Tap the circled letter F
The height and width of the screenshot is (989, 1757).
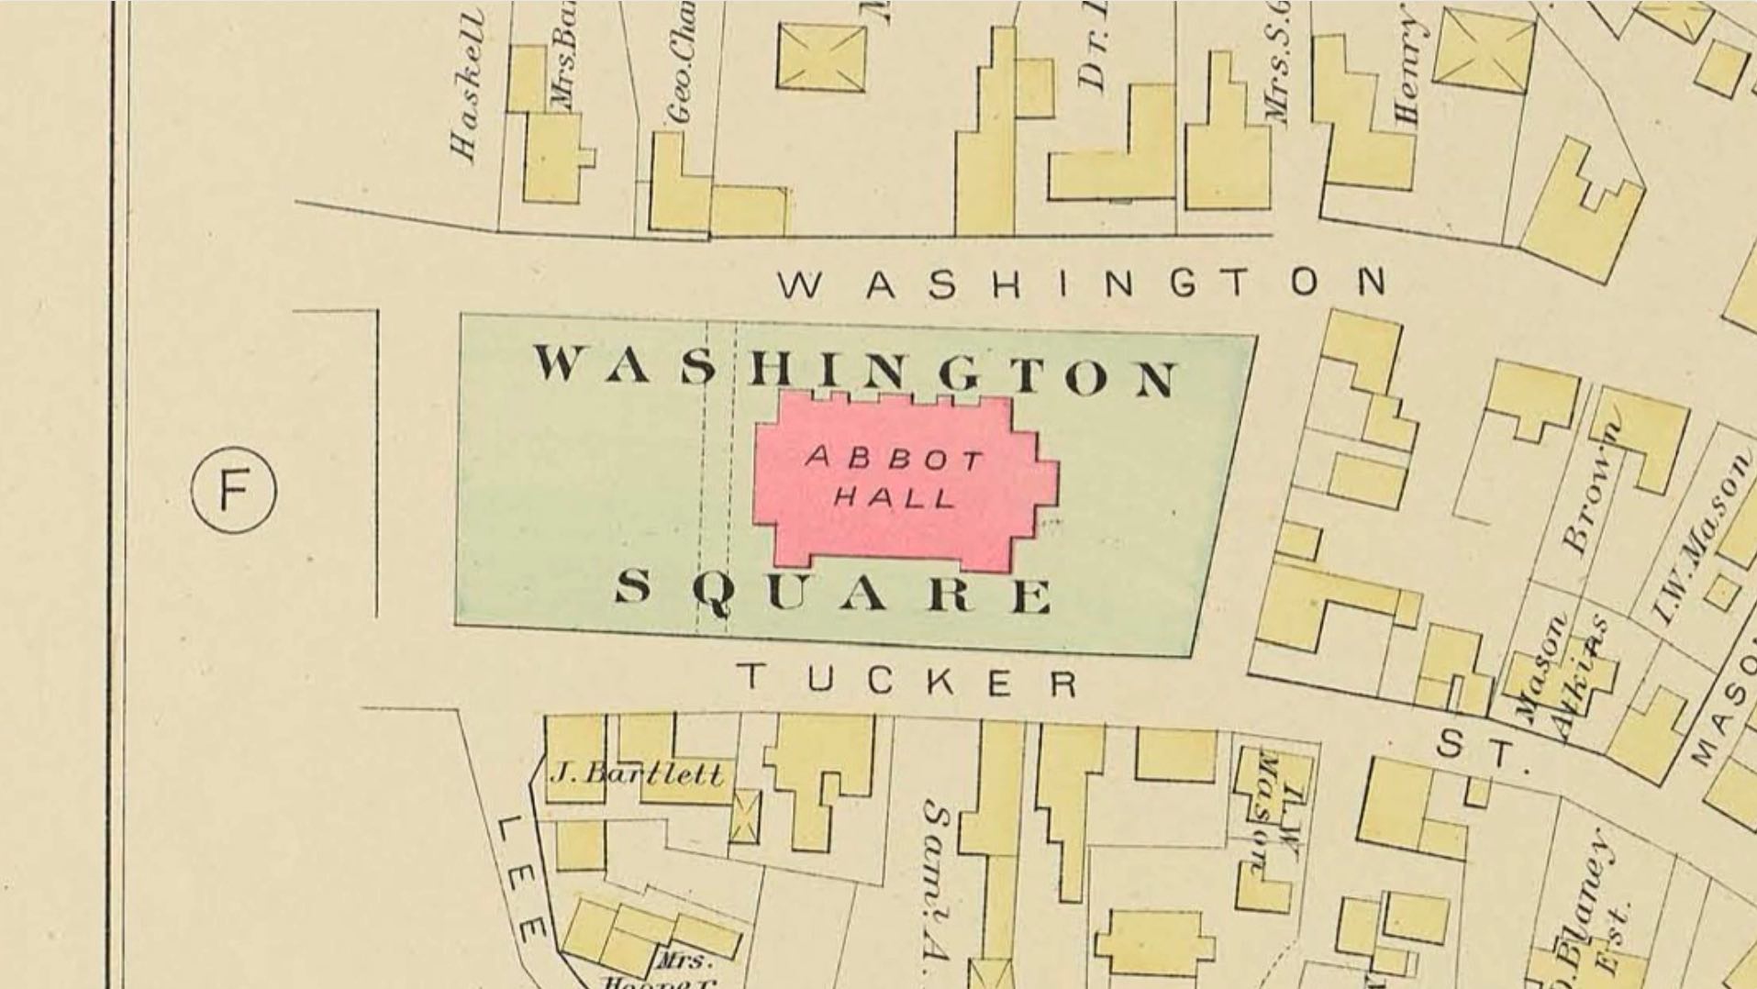(234, 490)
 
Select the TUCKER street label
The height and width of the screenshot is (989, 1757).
(908, 681)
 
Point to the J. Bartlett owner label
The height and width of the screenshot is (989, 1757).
(636, 774)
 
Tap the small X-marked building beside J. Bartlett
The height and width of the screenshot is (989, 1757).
(744, 817)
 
